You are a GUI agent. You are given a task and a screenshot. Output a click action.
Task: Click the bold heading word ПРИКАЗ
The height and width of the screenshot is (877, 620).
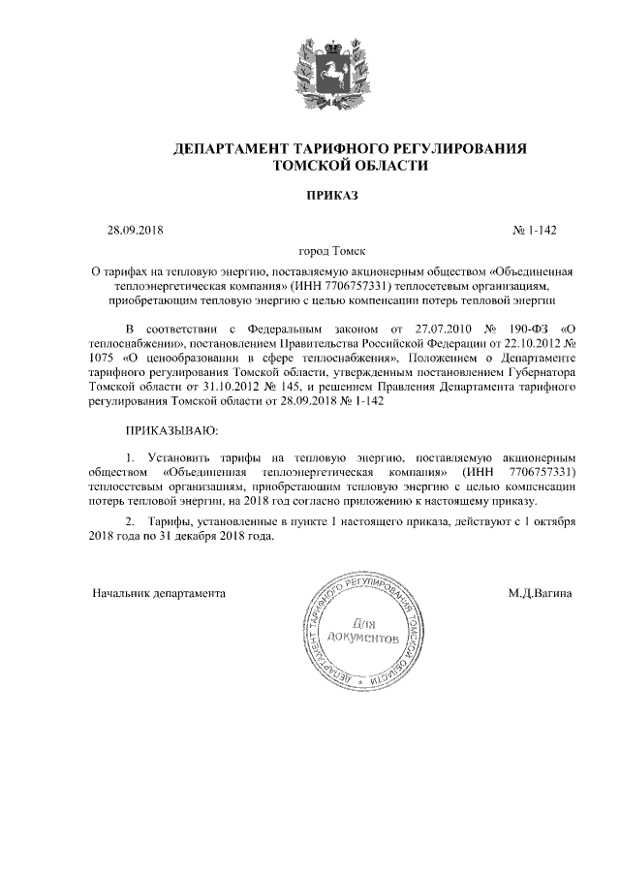click(x=331, y=196)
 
